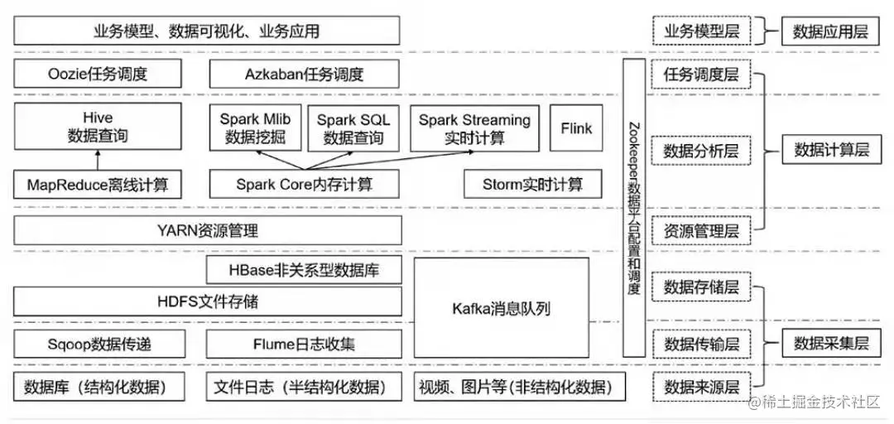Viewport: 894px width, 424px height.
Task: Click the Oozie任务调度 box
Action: pos(98,75)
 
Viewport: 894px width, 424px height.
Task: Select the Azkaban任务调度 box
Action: pos(304,75)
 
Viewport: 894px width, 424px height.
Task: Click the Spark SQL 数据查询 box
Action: pos(353,128)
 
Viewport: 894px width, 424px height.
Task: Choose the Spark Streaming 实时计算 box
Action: pos(473,128)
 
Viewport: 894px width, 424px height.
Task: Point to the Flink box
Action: pos(576,128)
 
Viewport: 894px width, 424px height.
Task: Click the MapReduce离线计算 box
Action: pos(98,184)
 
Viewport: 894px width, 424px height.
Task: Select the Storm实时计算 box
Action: pos(532,184)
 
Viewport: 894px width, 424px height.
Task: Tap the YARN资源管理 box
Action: pos(208,230)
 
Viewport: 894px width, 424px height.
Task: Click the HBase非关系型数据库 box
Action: pos(304,269)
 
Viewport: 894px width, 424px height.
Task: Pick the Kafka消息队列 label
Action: pos(501,309)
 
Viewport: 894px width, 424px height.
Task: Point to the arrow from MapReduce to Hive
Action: pos(98,160)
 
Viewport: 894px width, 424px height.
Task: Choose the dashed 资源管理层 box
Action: pos(701,230)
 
